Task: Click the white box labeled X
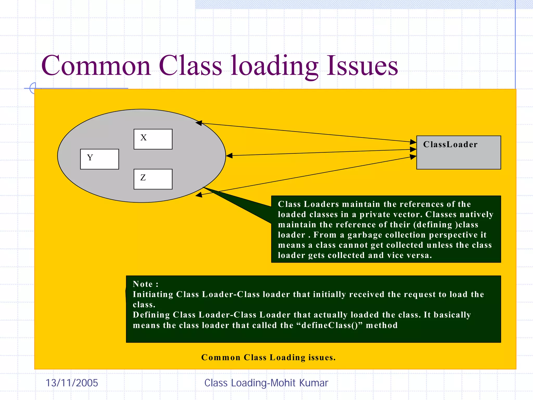tap(153, 139)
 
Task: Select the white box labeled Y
tap(99, 159)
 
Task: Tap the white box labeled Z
tap(153, 179)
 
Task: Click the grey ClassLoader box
tap(458, 153)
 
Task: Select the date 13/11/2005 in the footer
tap(72, 383)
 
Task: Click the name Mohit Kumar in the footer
tap(299, 383)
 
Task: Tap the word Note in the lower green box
tap(143, 284)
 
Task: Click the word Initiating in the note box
tap(153, 294)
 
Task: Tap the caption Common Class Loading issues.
tap(268, 358)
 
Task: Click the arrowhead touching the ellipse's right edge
tap(229, 156)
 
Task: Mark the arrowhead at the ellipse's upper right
tap(199, 123)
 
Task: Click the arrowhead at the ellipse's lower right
tap(199, 195)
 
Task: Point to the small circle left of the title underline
tap(32, 88)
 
